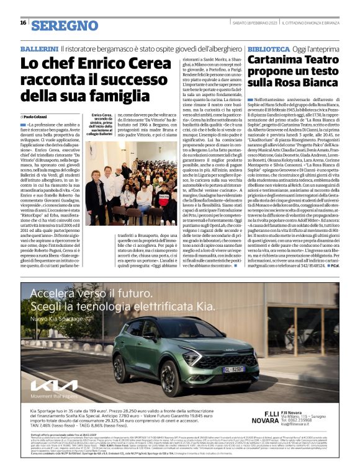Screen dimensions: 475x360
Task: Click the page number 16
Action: [x=22, y=22]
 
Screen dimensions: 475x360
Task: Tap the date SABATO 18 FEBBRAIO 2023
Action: [x=245, y=24]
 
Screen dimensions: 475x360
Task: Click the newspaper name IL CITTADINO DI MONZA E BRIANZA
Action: [x=308, y=24]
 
